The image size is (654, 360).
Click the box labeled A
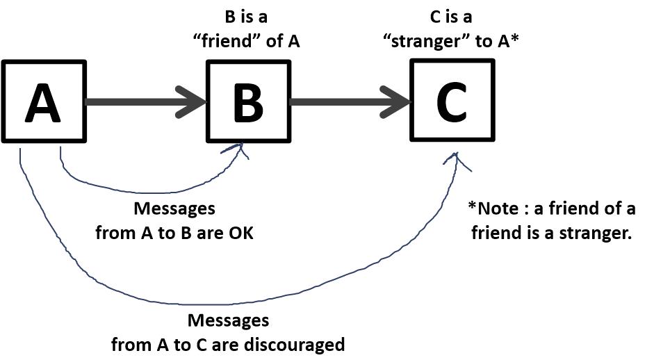point(44,101)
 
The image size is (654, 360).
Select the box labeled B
point(247,101)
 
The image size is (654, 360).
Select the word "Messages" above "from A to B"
point(174,208)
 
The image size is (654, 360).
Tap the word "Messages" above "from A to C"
point(228,320)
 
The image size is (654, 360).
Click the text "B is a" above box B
point(246,17)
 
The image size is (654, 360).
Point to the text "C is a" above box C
point(451,17)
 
